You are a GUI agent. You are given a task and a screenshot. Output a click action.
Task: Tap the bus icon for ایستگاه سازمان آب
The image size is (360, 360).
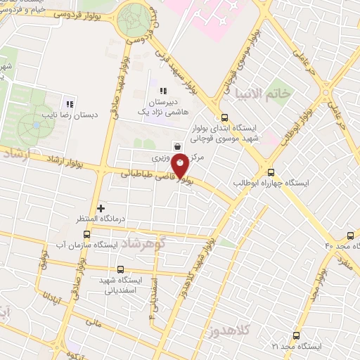point(86,234)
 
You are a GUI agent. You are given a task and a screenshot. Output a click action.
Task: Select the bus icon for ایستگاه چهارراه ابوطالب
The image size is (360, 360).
point(271,172)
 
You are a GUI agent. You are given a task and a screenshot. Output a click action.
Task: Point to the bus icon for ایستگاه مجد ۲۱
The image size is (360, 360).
point(295,335)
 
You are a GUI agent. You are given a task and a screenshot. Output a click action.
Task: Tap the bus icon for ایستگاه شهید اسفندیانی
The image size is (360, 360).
point(120,269)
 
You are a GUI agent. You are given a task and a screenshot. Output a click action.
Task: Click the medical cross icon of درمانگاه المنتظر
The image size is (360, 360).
point(101,208)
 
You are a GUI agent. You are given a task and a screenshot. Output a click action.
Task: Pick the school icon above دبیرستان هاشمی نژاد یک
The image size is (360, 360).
point(163,91)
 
